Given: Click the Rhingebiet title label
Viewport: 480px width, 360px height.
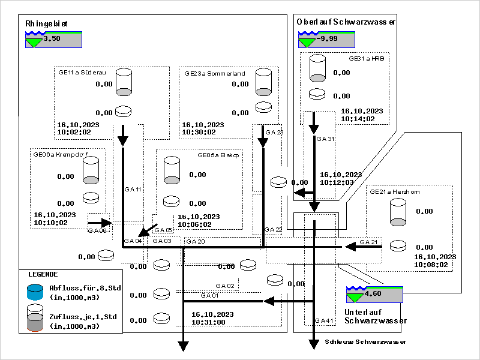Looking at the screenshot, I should (46, 24).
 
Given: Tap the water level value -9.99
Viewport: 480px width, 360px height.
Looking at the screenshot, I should (326, 39).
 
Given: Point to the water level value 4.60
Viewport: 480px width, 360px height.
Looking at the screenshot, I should (373, 294).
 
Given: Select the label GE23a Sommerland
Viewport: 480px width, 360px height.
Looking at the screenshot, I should (214, 73).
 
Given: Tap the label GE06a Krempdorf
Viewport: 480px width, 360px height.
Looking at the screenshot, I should (58, 154).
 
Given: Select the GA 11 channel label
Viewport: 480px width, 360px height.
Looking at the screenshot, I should (133, 189).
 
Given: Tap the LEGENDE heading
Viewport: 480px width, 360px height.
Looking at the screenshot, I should (43, 274).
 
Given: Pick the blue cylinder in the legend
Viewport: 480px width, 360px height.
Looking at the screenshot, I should (36, 292).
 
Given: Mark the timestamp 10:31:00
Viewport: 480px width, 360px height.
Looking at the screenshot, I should (208, 322).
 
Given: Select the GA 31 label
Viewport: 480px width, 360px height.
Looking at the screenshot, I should (326, 139).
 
